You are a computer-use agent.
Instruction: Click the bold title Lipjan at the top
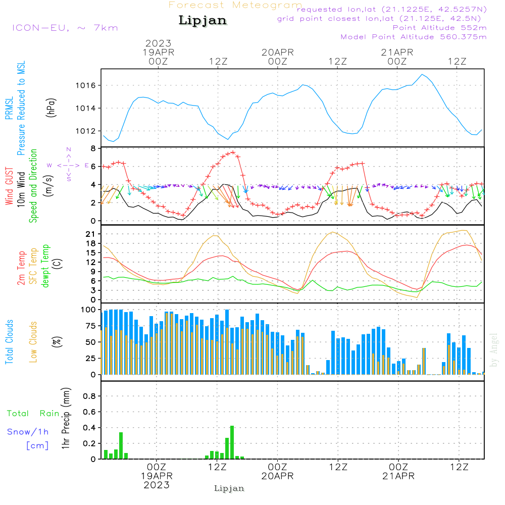203,20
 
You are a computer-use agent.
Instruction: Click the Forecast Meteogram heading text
235,5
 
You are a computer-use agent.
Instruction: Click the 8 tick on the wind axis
93,148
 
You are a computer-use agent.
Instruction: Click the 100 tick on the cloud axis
88,310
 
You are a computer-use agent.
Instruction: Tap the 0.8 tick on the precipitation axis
89,396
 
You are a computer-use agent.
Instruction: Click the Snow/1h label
28,432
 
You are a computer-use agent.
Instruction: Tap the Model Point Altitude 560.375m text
414,37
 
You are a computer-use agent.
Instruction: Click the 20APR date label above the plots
277,52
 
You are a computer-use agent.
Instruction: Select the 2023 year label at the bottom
157,485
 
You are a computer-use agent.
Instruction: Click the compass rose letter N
69,149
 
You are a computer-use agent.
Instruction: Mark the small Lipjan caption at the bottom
229,488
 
